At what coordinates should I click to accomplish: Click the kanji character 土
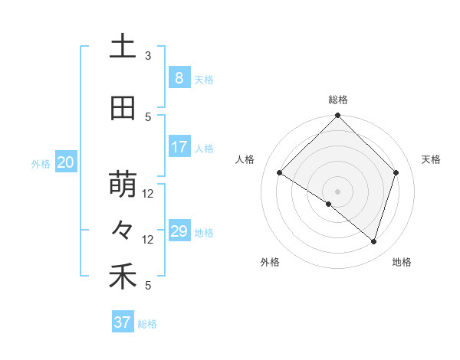(123, 47)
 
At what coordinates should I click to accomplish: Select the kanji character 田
(123, 109)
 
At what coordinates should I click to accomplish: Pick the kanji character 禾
(123, 277)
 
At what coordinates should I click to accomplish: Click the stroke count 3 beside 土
(148, 56)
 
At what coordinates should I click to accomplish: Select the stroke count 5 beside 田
(148, 117)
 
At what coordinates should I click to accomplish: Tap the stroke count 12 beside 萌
(148, 194)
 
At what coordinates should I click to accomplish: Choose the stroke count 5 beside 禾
(148, 286)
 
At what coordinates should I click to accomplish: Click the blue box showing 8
(179, 78)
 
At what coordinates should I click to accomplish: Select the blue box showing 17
(179, 147)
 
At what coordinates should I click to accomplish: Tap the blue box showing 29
(179, 231)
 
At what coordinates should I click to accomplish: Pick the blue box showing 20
(66, 162)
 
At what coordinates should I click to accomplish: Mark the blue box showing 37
(123, 322)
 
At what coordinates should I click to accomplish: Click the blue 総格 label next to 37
(147, 324)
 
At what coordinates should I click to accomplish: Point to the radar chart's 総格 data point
(337, 116)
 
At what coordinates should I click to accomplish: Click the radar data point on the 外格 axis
(329, 204)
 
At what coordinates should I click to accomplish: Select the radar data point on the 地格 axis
(373, 241)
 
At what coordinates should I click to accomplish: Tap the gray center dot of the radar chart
(337, 191)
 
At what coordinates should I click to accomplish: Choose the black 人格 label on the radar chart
(245, 159)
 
